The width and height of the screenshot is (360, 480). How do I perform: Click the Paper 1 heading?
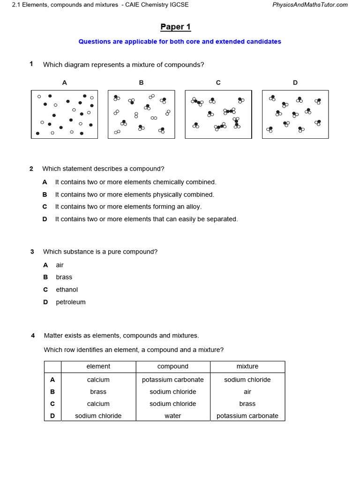(175, 27)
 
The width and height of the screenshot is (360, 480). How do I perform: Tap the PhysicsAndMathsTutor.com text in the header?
(310, 5)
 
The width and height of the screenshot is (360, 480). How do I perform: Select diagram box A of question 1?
(65, 114)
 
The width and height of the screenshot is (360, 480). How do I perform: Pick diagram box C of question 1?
(218, 114)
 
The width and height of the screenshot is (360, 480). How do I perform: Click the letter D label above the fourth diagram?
(295, 82)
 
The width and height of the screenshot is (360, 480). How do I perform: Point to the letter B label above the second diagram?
(141, 82)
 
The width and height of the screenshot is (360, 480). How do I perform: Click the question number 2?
(31, 169)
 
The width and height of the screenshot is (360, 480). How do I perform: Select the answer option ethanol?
(67, 290)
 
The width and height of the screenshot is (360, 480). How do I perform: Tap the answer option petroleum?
(71, 302)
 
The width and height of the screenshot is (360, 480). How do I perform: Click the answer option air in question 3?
(60, 265)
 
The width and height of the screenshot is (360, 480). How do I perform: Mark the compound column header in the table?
(172, 367)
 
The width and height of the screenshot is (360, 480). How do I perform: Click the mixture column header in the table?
(247, 367)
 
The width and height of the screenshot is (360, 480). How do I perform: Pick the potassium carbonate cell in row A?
(172, 380)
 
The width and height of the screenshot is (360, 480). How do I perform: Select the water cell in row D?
(172, 416)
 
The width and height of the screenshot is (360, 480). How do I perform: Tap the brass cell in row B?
(98, 392)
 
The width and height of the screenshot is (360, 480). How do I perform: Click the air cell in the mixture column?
(247, 392)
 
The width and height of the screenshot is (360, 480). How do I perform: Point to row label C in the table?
(52, 404)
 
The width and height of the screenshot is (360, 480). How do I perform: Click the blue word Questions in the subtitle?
(93, 42)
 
